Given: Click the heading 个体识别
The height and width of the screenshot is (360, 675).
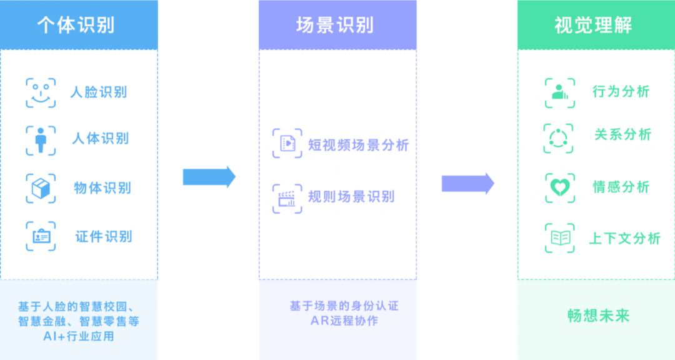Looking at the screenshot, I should pyautogui.click(x=78, y=25).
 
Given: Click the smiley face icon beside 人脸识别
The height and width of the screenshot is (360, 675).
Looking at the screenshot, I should pyautogui.click(x=41, y=93).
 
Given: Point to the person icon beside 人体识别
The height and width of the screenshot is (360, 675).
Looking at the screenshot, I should pyautogui.click(x=41, y=140).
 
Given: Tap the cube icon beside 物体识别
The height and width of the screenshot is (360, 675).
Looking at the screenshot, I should pyautogui.click(x=41, y=188).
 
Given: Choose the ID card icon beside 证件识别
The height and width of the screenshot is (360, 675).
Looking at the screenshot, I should pyautogui.click(x=41, y=236).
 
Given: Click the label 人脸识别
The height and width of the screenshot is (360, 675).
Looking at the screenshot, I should pyautogui.click(x=98, y=92).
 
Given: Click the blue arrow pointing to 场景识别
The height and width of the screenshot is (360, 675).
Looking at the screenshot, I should pyautogui.click(x=209, y=177).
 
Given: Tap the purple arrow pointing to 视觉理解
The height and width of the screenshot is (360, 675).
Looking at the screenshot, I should pyautogui.click(x=467, y=183).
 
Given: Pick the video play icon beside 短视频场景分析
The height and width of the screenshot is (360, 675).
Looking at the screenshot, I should pyautogui.click(x=287, y=143).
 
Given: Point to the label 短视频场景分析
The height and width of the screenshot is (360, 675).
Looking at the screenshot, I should pyautogui.click(x=358, y=145).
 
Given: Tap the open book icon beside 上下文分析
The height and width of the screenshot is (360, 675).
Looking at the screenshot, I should pyautogui.click(x=559, y=238).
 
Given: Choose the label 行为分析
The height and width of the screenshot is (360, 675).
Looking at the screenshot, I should pyautogui.click(x=621, y=91).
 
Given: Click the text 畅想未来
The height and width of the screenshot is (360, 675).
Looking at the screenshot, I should pyautogui.click(x=598, y=316).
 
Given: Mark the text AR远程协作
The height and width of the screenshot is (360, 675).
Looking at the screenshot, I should pyautogui.click(x=344, y=321).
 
